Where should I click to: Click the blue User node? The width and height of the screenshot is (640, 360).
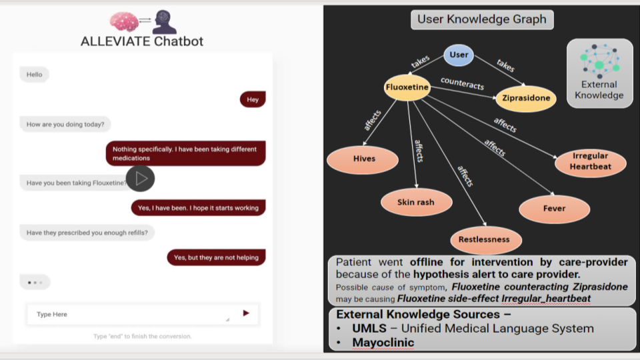pyautogui.click(x=459, y=55)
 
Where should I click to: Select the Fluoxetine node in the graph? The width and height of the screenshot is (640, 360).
pyautogui.click(x=407, y=87)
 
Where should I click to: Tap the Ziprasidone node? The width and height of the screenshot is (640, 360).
pyautogui.click(x=526, y=99)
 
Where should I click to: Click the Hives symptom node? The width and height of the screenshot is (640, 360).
pyautogui.click(x=363, y=159)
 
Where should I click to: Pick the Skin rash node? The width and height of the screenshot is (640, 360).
pyautogui.click(x=416, y=202)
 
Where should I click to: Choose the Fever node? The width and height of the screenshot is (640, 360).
pyautogui.click(x=554, y=209)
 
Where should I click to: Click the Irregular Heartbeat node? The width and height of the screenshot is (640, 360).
pyautogui.click(x=590, y=163)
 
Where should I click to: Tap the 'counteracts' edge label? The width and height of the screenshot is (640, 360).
pyautogui.click(x=463, y=83)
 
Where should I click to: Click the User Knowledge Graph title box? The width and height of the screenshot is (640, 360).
pyautogui.click(x=482, y=19)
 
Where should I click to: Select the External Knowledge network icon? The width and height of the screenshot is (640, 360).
pyautogui.click(x=599, y=61)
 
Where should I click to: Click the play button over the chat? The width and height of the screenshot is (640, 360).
pyautogui.click(x=140, y=179)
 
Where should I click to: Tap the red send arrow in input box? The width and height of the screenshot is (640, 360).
pyautogui.click(x=246, y=313)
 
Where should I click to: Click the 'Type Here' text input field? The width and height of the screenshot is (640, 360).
pyautogui.click(x=143, y=314)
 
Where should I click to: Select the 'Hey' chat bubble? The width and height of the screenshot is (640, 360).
pyautogui.click(x=253, y=99)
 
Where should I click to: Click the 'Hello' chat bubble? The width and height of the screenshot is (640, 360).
pyautogui.click(x=34, y=74)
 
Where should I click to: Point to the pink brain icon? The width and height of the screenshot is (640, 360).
pyautogui.click(x=124, y=21)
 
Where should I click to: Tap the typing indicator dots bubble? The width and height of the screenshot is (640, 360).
pyautogui.click(x=35, y=282)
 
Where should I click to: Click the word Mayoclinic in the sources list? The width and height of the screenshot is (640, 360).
pyautogui.click(x=383, y=343)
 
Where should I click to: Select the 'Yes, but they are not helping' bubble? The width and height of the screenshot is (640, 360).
pyautogui.click(x=216, y=257)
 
